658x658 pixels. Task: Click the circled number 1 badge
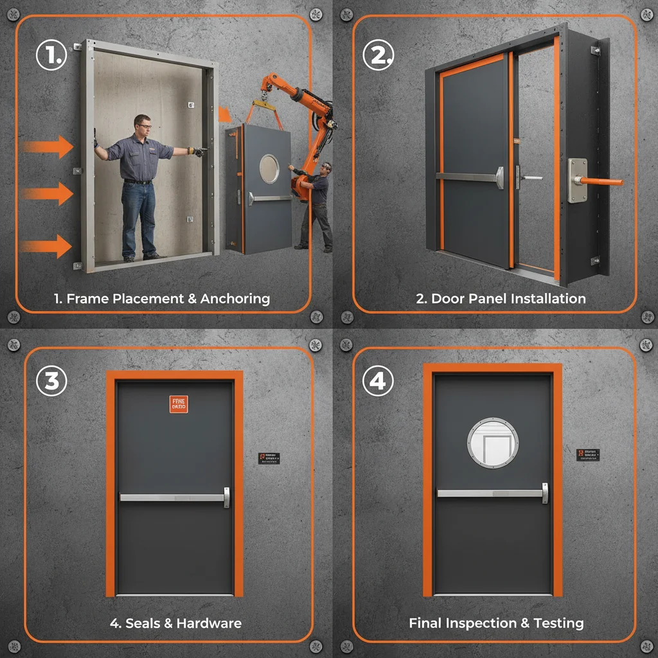51,56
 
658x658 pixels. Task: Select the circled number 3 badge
51,381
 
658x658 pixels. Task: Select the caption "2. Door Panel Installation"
501,298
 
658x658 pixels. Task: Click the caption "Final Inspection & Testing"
496,623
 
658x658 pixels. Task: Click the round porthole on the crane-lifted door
270,168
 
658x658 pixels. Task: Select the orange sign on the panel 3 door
179,404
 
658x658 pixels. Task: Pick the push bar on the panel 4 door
492,493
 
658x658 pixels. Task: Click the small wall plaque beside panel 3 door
269,458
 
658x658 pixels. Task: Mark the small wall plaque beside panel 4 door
587,455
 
